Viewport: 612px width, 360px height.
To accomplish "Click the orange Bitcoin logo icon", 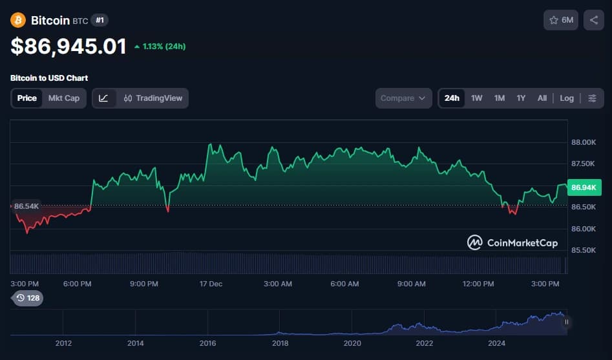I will point(18,20).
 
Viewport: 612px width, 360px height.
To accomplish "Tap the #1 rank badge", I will point(100,20).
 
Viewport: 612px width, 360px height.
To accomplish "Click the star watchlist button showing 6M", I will point(561,20).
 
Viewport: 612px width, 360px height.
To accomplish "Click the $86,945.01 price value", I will point(68,46).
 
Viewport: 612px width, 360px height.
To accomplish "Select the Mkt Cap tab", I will point(64,98).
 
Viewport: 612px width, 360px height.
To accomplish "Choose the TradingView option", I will point(153,98).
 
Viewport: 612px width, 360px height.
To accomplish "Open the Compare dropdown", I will point(403,98).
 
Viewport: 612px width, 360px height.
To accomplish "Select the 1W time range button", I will point(477,98).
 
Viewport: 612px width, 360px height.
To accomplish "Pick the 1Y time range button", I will point(521,98).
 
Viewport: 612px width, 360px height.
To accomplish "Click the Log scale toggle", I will point(567,98).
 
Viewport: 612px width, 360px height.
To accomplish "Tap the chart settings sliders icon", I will point(593,98).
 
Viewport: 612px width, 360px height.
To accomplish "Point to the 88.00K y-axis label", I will point(583,142).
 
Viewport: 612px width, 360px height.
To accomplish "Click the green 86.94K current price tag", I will point(584,187).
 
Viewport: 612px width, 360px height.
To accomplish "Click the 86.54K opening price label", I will point(27,206).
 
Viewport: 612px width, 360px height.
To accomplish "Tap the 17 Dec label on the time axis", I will point(211,284).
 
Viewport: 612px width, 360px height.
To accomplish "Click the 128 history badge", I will point(28,298).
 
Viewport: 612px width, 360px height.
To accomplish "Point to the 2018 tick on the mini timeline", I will point(280,343).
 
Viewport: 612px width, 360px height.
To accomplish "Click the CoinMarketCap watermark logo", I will point(512,243).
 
